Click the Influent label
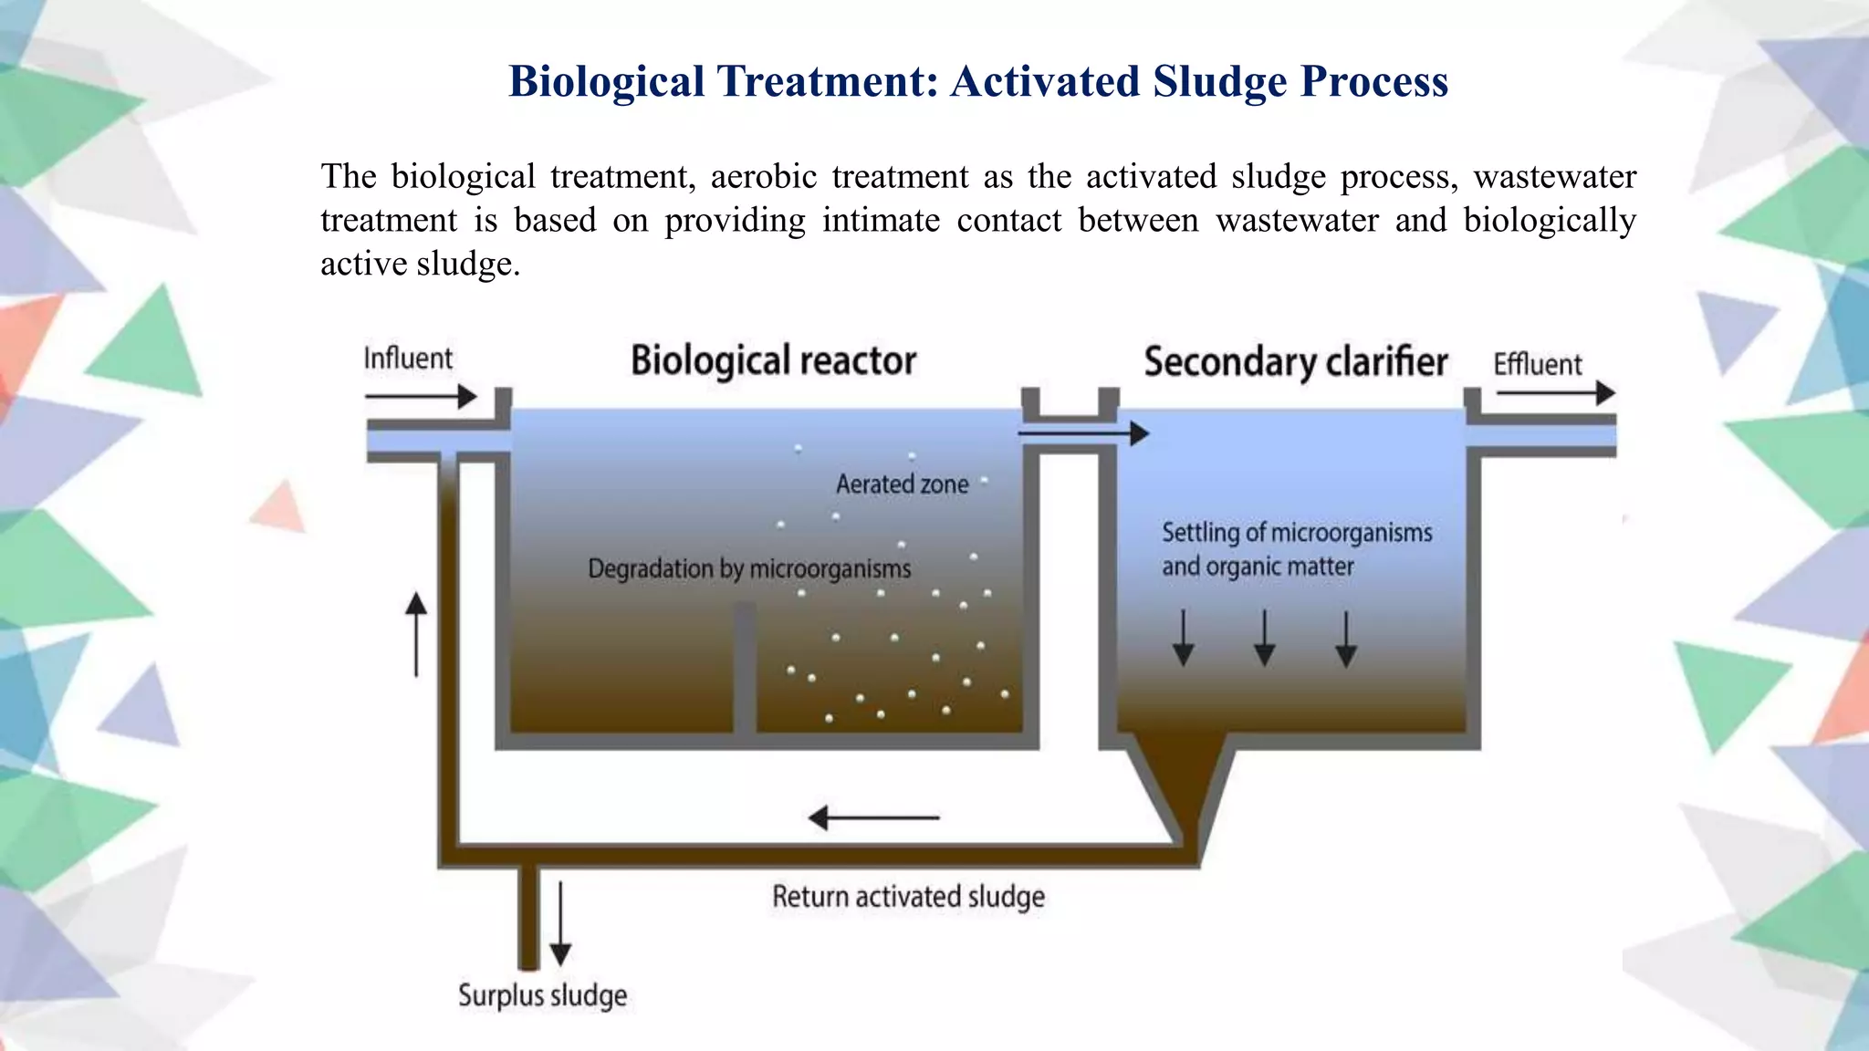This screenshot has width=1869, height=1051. [x=408, y=359]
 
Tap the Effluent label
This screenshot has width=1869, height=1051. [x=1537, y=364]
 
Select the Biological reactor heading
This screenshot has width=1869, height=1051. [x=773, y=361]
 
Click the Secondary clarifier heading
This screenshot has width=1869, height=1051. [x=1295, y=362]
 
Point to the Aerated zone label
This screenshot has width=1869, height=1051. [x=902, y=484]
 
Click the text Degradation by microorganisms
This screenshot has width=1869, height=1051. [x=749, y=569]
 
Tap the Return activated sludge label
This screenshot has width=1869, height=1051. [x=908, y=897]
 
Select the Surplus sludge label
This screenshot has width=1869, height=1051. [x=542, y=995]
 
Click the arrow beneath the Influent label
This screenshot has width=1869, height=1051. [x=421, y=397]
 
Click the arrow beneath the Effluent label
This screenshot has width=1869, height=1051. [x=1555, y=393]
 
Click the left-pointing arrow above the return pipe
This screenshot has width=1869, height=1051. [x=873, y=817]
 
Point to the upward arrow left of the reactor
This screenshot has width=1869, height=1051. [x=416, y=634]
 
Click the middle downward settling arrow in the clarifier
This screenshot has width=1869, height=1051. [x=1264, y=638]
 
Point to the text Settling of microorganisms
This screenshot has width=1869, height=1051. [x=1296, y=533]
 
